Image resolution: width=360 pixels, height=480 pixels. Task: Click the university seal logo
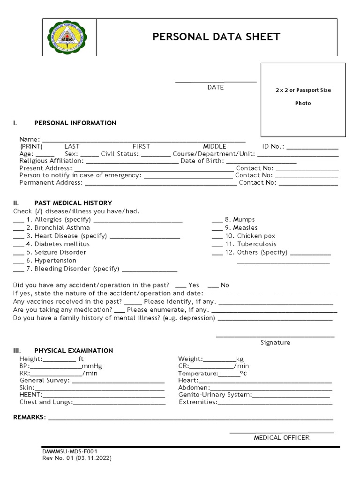(x=69, y=37)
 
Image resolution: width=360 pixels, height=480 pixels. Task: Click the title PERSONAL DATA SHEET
(x=216, y=37)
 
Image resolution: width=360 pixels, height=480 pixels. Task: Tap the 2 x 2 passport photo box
(x=303, y=100)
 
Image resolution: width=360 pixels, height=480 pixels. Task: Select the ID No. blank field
(x=312, y=147)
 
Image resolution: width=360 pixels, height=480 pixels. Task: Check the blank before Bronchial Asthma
(x=18, y=228)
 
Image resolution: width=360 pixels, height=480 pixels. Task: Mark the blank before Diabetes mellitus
(x=18, y=245)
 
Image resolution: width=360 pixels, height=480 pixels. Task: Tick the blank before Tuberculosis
(x=217, y=245)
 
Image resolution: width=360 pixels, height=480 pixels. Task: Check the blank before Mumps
(x=217, y=220)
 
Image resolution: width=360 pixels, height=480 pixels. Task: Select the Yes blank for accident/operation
(x=180, y=286)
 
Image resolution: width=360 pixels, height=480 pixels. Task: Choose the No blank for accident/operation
(x=213, y=286)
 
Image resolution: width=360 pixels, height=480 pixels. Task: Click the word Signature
(x=275, y=343)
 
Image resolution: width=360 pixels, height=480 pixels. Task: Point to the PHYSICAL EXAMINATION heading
(x=74, y=351)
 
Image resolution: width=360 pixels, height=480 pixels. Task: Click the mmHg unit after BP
(x=92, y=366)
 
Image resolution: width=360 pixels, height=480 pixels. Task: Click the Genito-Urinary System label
(x=215, y=395)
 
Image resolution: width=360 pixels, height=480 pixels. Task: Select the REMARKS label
(x=29, y=417)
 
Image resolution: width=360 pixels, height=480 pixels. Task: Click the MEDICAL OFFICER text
(x=282, y=438)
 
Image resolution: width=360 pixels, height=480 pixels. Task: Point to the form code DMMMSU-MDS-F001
(x=70, y=451)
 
